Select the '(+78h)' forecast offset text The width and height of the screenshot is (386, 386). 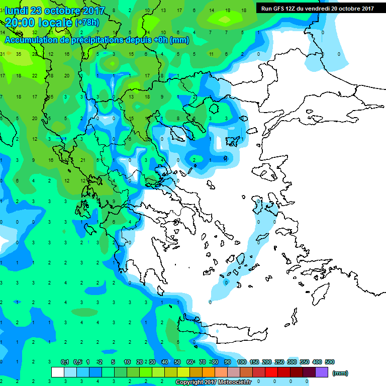pos(87,23)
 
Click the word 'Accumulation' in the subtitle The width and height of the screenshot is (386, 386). pos(31,40)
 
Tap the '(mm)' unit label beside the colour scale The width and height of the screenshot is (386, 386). pos(340,373)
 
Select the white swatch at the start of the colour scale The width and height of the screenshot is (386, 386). pos(58,372)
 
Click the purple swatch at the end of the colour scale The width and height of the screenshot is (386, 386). pos(322,372)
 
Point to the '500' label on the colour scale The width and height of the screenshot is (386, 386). pos(330,362)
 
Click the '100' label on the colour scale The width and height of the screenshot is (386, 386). pos(241,362)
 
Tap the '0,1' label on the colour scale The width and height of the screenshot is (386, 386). pos(65,362)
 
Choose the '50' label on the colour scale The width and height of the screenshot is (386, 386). pos(177,362)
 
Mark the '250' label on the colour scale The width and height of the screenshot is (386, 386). pos(279,362)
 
